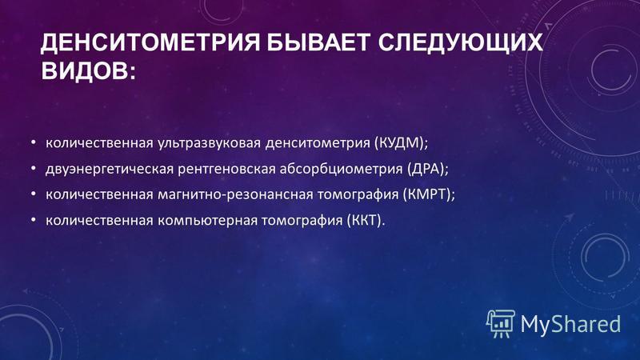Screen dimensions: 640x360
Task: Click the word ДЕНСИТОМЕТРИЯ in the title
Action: tap(150, 42)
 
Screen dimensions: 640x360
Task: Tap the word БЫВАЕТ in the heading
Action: tap(318, 42)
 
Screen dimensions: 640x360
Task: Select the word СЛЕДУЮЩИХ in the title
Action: tap(461, 42)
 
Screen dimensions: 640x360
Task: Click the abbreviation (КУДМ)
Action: tap(402, 143)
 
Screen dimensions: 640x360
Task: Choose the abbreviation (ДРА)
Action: tap(427, 169)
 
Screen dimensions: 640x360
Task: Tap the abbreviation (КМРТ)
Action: tap(429, 194)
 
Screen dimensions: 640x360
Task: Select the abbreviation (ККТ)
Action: tap(366, 221)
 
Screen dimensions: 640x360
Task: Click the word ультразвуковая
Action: tap(209, 144)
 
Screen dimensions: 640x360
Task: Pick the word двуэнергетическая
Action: tap(110, 170)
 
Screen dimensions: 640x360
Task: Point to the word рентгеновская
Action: tap(226, 170)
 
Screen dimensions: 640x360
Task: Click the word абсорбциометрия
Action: tap(342, 170)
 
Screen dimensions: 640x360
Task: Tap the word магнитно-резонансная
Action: tap(235, 194)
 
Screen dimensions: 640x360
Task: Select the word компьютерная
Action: tap(208, 222)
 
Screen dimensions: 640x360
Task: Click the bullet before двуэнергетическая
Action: tap(34, 169)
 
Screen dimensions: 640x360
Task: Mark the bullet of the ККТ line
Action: tap(34, 220)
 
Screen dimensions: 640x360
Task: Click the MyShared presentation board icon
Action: tap(501, 324)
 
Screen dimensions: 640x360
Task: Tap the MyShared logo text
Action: tap(570, 325)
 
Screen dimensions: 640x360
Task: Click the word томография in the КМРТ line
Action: tap(358, 195)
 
